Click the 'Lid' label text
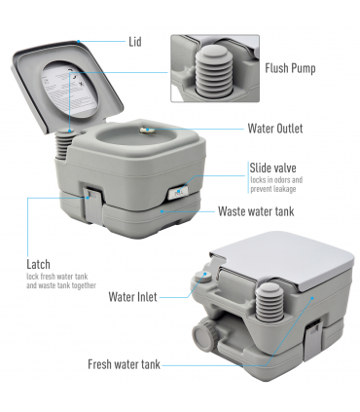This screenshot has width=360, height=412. pos(135,42)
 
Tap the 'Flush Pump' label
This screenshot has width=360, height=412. pos(290,68)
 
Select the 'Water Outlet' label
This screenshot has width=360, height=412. pos(275,129)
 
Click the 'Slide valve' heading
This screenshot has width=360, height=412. pos(272,168)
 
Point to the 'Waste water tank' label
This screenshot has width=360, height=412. pos(256,211)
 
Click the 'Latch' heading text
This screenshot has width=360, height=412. pos(38,264)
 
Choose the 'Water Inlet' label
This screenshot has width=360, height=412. pos(132,297)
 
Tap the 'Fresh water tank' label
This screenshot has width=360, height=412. pos(124,364)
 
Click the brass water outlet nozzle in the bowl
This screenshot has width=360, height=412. pos(146,130)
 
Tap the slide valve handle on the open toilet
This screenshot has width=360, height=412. pos(178,192)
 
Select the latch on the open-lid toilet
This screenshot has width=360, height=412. pos(91,206)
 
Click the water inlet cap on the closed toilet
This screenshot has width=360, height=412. pos(202,278)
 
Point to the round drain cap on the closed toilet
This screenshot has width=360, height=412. pos(204,333)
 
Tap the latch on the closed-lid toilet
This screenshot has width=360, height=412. pos(313,339)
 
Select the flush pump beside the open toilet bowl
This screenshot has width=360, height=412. pos(63,144)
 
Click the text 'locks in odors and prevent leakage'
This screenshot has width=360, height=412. pos(276,184)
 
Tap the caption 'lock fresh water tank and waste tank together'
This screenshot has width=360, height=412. pos(61,281)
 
